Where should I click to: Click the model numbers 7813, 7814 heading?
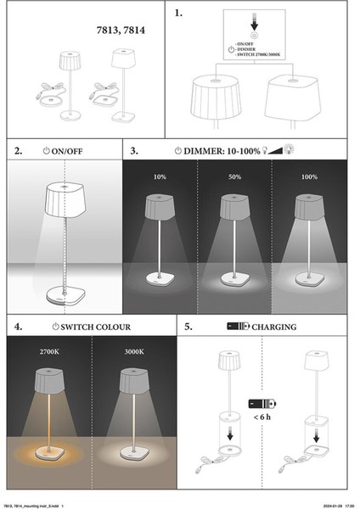pyautogui.click(x=121, y=31)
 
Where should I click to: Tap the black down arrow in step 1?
pyautogui.click(x=254, y=22)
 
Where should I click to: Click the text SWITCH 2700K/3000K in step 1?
pyautogui.click(x=259, y=54)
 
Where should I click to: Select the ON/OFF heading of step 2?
pyautogui.click(x=67, y=151)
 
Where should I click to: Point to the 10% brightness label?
pyautogui.click(x=160, y=176)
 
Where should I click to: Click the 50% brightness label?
pyautogui.click(x=234, y=176)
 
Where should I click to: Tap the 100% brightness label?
pyautogui.click(x=309, y=176)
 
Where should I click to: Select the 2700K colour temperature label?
pyautogui.click(x=49, y=351)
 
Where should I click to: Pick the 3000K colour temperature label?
pyautogui.click(x=134, y=351)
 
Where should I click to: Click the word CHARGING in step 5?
pyautogui.click(x=274, y=327)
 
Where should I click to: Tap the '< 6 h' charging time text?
pyautogui.click(x=262, y=417)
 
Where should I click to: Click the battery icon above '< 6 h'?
pyautogui.click(x=262, y=404)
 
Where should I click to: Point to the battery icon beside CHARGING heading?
pyautogui.click(x=238, y=326)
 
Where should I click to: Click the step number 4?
pyautogui.click(x=18, y=327)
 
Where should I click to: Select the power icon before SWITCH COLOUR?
pyautogui.click(x=56, y=327)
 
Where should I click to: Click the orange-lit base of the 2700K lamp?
pyautogui.click(x=48, y=453)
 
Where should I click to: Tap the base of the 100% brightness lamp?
pyautogui.click(x=309, y=279)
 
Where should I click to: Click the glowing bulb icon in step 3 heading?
pyautogui.click(x=289, y=149)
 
